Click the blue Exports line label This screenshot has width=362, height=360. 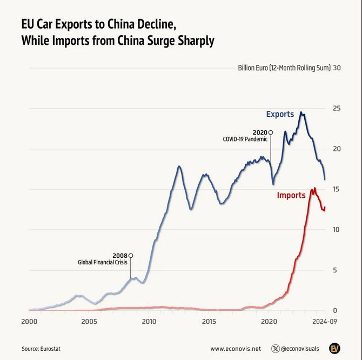(280, 114)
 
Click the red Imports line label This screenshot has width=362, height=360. (291, 195)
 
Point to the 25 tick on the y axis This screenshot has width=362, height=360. (337, 109)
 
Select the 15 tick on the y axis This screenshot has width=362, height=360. (337, 189)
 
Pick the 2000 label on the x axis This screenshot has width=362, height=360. (29, 322)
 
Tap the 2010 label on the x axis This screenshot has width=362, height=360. (149, 322)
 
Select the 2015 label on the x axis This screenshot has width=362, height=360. (209, 322)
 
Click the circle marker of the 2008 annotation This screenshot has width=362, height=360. (131, 255)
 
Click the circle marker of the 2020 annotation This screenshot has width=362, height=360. (271, 132)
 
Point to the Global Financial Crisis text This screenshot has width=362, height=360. (103, 263)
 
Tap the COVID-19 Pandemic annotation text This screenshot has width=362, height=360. (245, 139)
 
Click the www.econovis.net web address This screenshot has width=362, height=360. (235, 349)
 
